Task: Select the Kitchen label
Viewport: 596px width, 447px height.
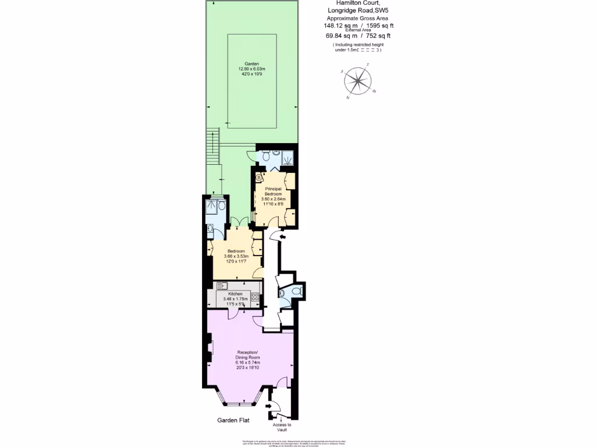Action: [235, 294]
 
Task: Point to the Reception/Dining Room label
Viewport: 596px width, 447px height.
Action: [247, 354]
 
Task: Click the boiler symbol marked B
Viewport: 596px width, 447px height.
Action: [259, 178]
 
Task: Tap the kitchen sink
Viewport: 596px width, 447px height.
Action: [222, 286]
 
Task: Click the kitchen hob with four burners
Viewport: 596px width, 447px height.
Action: [254, 297]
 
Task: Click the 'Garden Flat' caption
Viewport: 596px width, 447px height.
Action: [234, 420]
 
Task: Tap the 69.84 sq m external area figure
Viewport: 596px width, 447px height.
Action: [340, 36]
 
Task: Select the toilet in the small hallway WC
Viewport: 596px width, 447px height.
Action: [297, 290]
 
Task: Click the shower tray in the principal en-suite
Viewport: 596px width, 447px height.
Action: [287, 156]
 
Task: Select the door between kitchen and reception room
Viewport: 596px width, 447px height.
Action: [232, 314]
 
